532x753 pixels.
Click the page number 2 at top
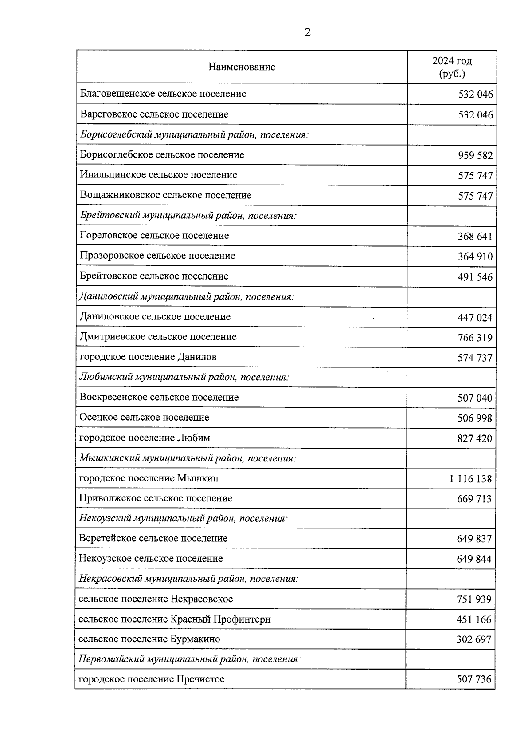pyautogui.click(x=308, y=32)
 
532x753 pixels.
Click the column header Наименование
pyautogui.click(x=242, y=67)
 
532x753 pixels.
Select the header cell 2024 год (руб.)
pyautogui.click(x=452, y=67)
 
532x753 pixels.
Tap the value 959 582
pyautogui.click(x=475, y=156)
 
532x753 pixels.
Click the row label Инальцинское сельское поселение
pyautogui.click(x=159, y=175)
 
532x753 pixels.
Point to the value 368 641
pyautogui.click(x=475, y=237)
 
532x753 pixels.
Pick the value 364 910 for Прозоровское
pyautogui.click(x=475, y=257)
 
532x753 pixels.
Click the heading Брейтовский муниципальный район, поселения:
pyautogui.click(x=188, y=216)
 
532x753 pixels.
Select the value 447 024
pyautogui.click(x=475, y=318)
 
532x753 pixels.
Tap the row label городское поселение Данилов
pyautogui.click(x=148, y=357)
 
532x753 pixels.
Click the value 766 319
pyautogui.click(x=475, y=338)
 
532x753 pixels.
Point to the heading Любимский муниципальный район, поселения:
pyautogui.click(x=184, y=377)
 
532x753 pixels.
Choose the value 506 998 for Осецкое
pyautogui.click(x=474, y=418)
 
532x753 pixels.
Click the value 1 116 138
pyautogui.click(x=470, y=479)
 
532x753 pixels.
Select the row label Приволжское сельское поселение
pyautogui.click(x=156, y=498)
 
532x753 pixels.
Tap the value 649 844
pyautogui.click(x=474, y=559)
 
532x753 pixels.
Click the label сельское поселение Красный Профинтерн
pyautogui.click(x=174, y=619)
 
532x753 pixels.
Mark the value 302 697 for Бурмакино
pyautogui.click(x=473, y=640)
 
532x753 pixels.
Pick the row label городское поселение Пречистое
pyautogui.click(x=152, y=679)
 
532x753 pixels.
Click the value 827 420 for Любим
pyautogui.click(x=474, y=439)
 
